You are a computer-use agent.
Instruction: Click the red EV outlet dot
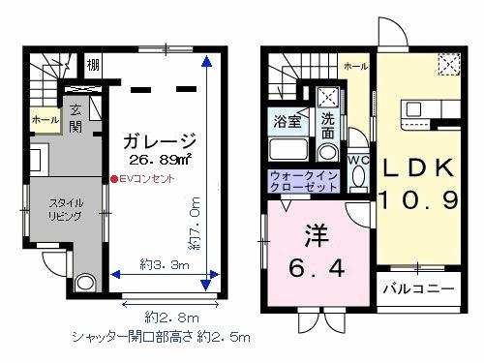112,179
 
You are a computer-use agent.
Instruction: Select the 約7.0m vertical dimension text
194,226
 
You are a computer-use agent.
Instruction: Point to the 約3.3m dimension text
162,264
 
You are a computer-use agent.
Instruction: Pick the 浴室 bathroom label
287,123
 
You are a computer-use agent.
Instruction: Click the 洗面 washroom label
328,127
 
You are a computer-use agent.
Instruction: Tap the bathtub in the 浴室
287,152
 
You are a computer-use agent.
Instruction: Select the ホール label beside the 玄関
45,118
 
